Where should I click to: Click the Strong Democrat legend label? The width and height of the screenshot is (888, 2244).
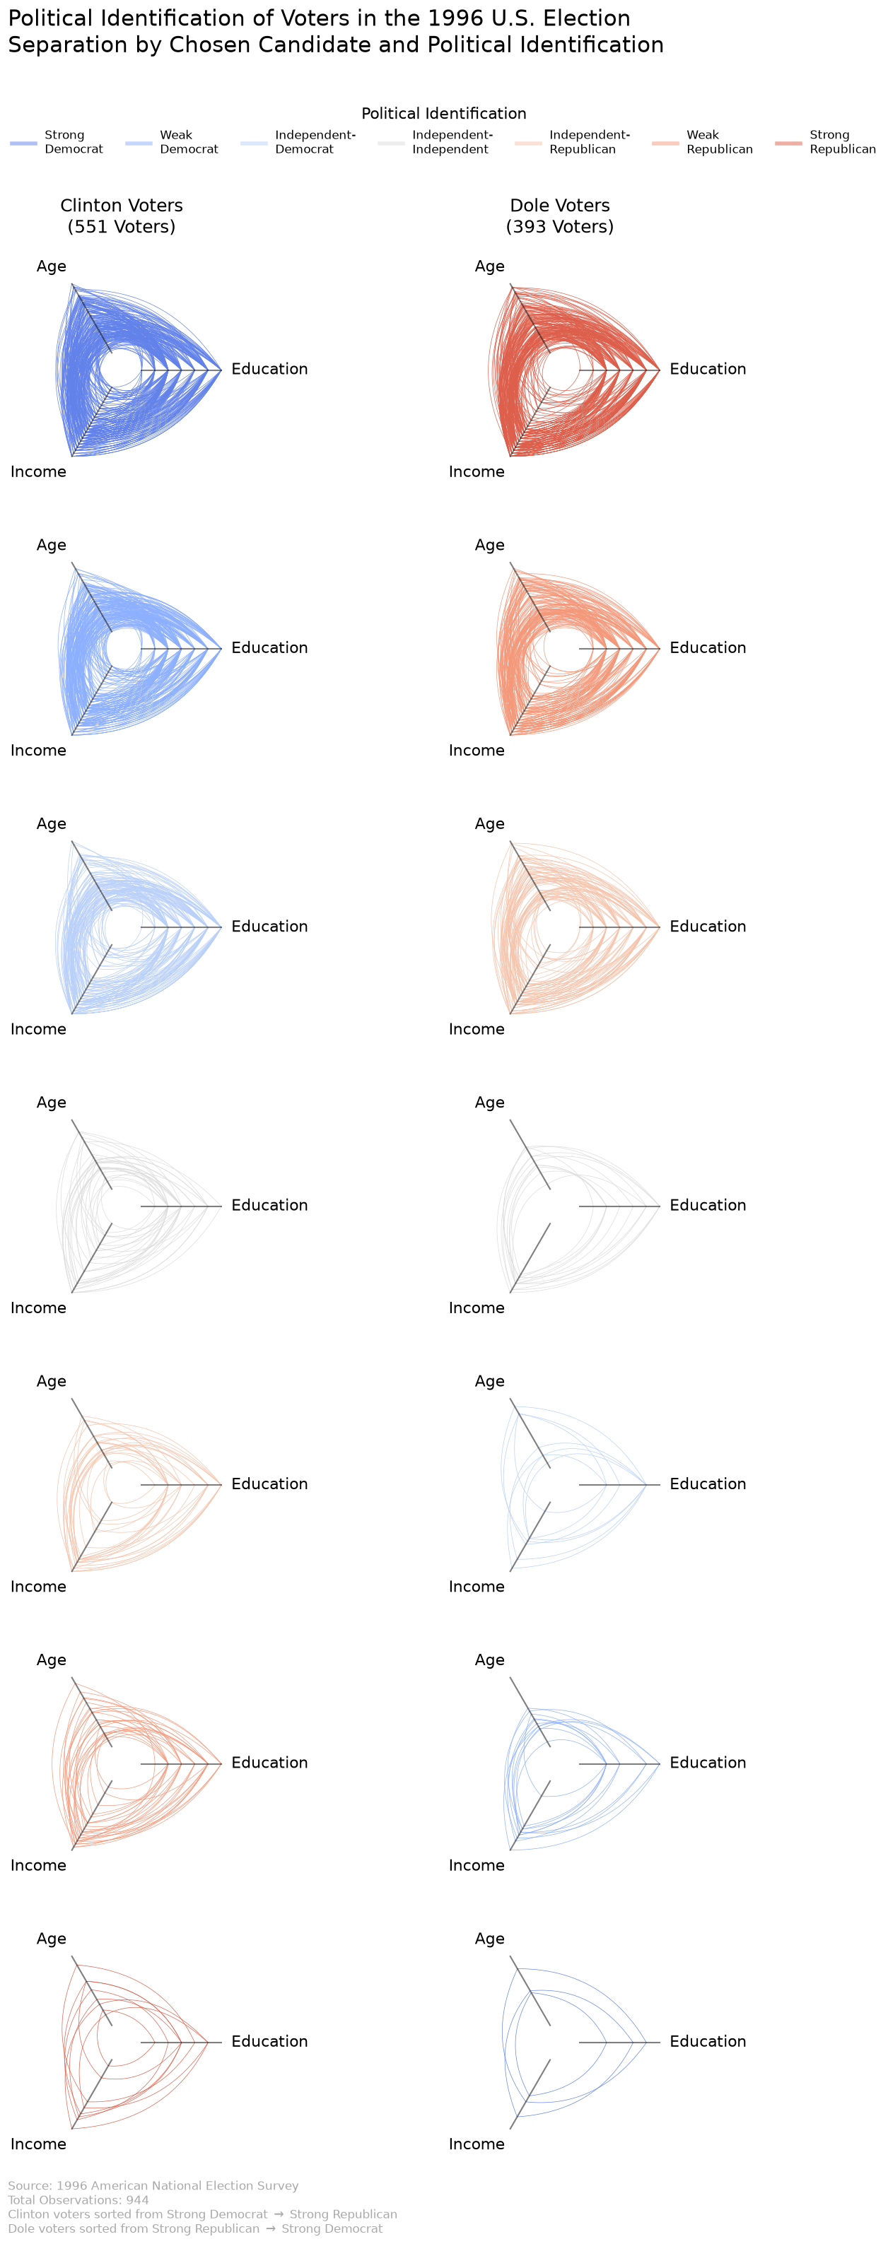tap(74, 142)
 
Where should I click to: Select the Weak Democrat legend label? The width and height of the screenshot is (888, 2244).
tap(189, 142)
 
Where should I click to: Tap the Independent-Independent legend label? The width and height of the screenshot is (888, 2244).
tap(452, 142)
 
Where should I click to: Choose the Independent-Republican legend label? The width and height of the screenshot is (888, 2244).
tap(589, 142)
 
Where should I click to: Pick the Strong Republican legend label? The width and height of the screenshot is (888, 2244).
tap(843, 142)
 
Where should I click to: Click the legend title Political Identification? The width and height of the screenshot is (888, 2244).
tap(443, 113)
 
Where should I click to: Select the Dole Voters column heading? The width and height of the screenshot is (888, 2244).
tap(559, 206)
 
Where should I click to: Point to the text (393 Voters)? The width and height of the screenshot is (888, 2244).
tap(559, 226)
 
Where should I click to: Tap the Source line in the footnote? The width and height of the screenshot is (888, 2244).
tap(153, 2185)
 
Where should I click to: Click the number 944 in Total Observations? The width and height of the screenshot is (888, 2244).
tap(137, 2199)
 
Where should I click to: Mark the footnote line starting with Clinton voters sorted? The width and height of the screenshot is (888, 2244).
tap(202, 2214)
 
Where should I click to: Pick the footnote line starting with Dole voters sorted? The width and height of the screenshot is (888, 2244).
tap(195, 2228)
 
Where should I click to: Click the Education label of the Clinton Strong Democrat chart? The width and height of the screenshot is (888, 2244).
tap(269, 370)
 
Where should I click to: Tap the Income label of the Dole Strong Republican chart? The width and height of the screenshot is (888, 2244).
tap(477, 472)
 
